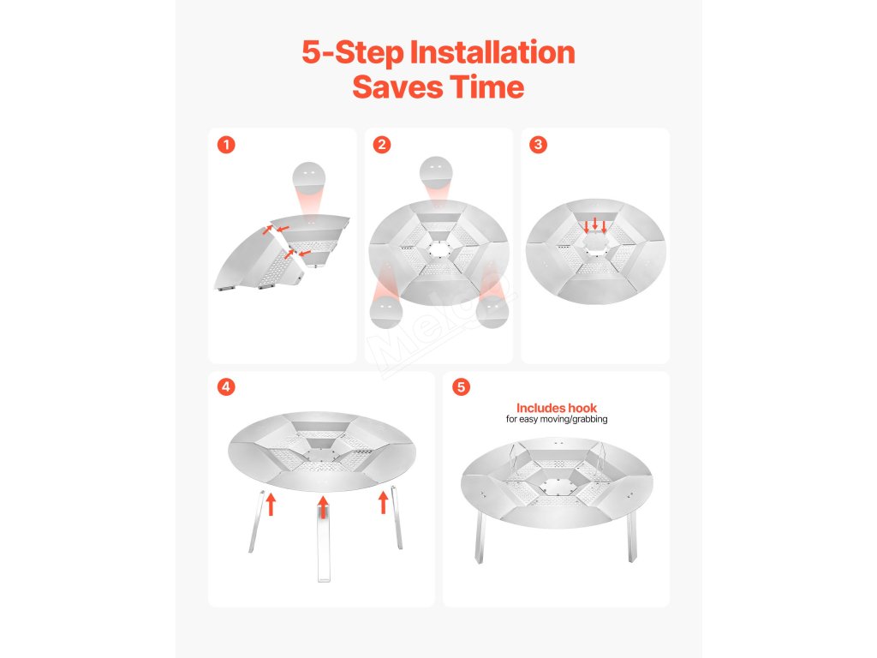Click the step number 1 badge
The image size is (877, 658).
coord(226,145)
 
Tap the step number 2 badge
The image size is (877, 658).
coord(382,145)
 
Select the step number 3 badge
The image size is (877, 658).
coord(538,145)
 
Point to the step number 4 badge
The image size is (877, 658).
coord(226,386)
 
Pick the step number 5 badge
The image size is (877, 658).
coord(461,386)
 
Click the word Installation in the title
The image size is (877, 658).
coord(492,52)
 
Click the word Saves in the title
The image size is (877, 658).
coord(397,87)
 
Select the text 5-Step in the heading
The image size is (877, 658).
coord(352,53)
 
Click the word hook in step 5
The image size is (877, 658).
coord(582,408)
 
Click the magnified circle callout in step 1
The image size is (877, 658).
coord(308,178)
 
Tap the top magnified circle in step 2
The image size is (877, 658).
coord(436,172)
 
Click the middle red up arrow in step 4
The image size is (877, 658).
coord(323,506)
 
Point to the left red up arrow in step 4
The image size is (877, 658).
coord(271,504)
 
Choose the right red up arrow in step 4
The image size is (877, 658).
coord(383,502)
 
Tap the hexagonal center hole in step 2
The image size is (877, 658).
coord(439,249)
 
